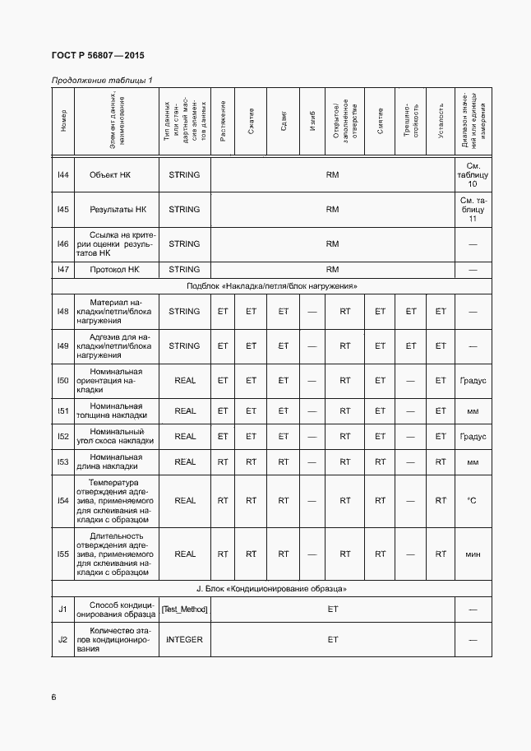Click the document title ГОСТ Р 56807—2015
click(98, 55)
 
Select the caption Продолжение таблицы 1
click(102, 80)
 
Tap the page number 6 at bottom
click(54, 698)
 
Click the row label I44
click(62, 174)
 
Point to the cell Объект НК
click(116, 174)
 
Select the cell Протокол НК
click(116, 269)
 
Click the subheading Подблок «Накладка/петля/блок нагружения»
click(270, 285)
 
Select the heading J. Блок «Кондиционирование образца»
click(270, 589)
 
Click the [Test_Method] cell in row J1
click(184, 609)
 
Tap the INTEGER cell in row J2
click(184, 639)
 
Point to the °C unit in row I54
click(472, 500)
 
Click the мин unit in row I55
click(472, 554)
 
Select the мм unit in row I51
click(472, 410)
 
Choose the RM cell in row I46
click(332, 243)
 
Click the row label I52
click(62, 437)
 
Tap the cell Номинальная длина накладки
click(116, 462)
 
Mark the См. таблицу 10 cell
click(472, 174)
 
